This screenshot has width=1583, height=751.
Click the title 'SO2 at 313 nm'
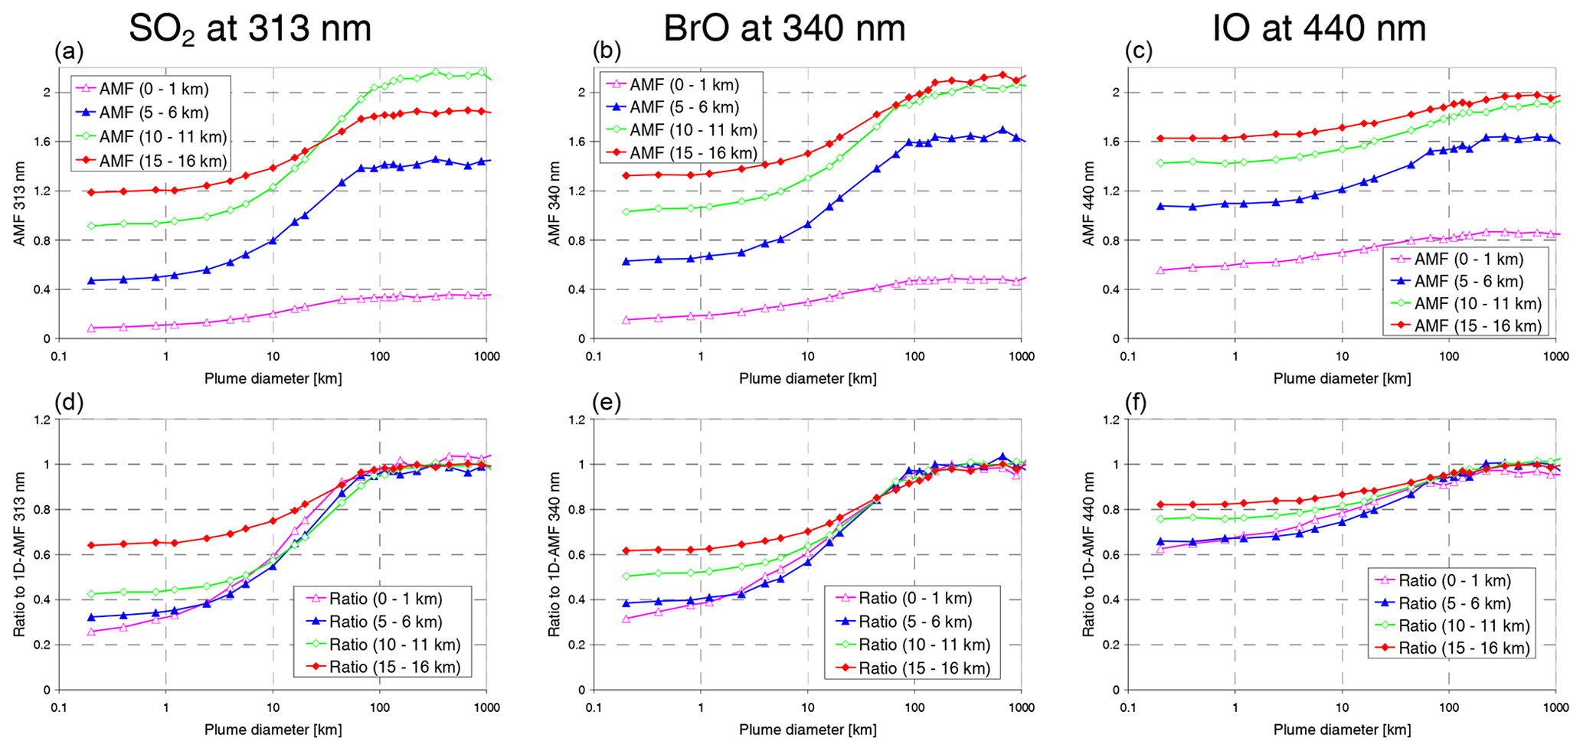click(250, 29)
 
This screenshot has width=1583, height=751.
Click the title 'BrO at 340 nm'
click(784, 29)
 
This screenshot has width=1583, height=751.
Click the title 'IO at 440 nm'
click(1319, 29)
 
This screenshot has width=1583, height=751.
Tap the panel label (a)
click(69, 51)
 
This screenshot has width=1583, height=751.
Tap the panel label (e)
click(607, 403)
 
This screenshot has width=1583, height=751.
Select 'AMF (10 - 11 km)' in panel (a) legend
click(162, 137)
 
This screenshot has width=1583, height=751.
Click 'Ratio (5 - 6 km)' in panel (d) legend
click(385, 622)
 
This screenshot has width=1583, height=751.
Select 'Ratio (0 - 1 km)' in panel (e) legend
click(914, 598)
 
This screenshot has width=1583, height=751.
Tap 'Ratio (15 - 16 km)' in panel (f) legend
click(1464, 648)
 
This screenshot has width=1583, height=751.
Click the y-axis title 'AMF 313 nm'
click(19, 204)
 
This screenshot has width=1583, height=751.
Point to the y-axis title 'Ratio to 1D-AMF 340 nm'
click(554, 554)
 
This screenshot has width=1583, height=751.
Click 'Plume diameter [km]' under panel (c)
click(1342, 378)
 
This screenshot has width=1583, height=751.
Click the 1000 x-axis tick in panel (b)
click(1021, 356)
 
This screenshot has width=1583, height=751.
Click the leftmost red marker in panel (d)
click(91, 545)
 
